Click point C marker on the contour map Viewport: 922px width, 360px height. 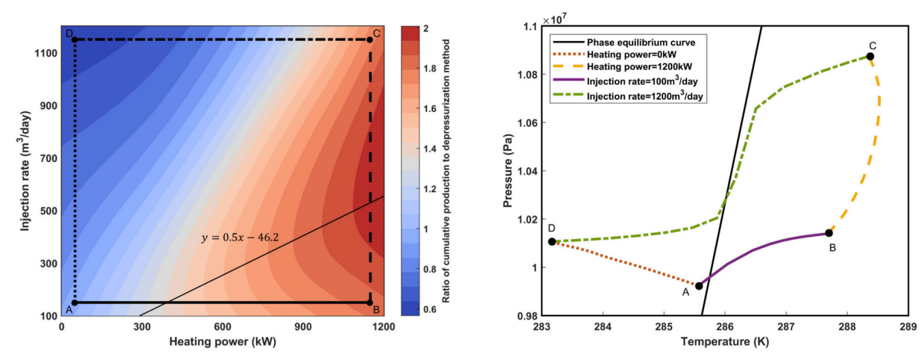(369, 40)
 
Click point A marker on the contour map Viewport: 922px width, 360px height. (74, 302)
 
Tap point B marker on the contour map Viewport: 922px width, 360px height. (369, 302)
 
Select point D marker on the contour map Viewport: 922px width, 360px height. (74, 40)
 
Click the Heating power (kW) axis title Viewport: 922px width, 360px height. (223, 341)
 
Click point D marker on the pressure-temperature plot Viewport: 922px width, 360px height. (552, 241)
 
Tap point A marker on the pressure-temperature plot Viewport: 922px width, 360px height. (699, 286)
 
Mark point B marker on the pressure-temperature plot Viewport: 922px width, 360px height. (828, 233)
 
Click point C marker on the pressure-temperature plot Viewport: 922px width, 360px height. (870, 56)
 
